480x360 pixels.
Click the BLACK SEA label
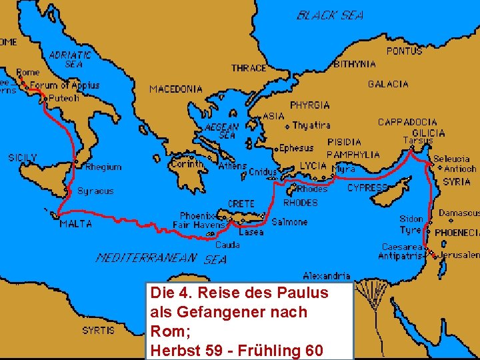(x=330, y=15)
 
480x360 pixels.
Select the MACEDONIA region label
(x=176, y=89)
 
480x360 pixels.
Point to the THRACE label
(x=249, y=68)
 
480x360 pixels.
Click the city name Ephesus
(x=296, y=148)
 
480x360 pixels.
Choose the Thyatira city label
(x=311, y=125)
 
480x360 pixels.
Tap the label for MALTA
(x=76, y=224)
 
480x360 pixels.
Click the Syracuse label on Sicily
(x=95, y=191)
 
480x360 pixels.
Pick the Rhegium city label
(x=103, y=167)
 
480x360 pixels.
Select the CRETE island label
(x=241, y=203)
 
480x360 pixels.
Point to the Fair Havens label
(x=199, y=225)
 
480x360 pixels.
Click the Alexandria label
(x=327, y=275)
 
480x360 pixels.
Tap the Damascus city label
(x=459, y=213)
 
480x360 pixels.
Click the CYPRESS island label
(x=367, y=188)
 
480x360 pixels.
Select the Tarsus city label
(x=417, y=141)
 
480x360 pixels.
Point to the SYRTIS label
(x=98, y=330)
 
